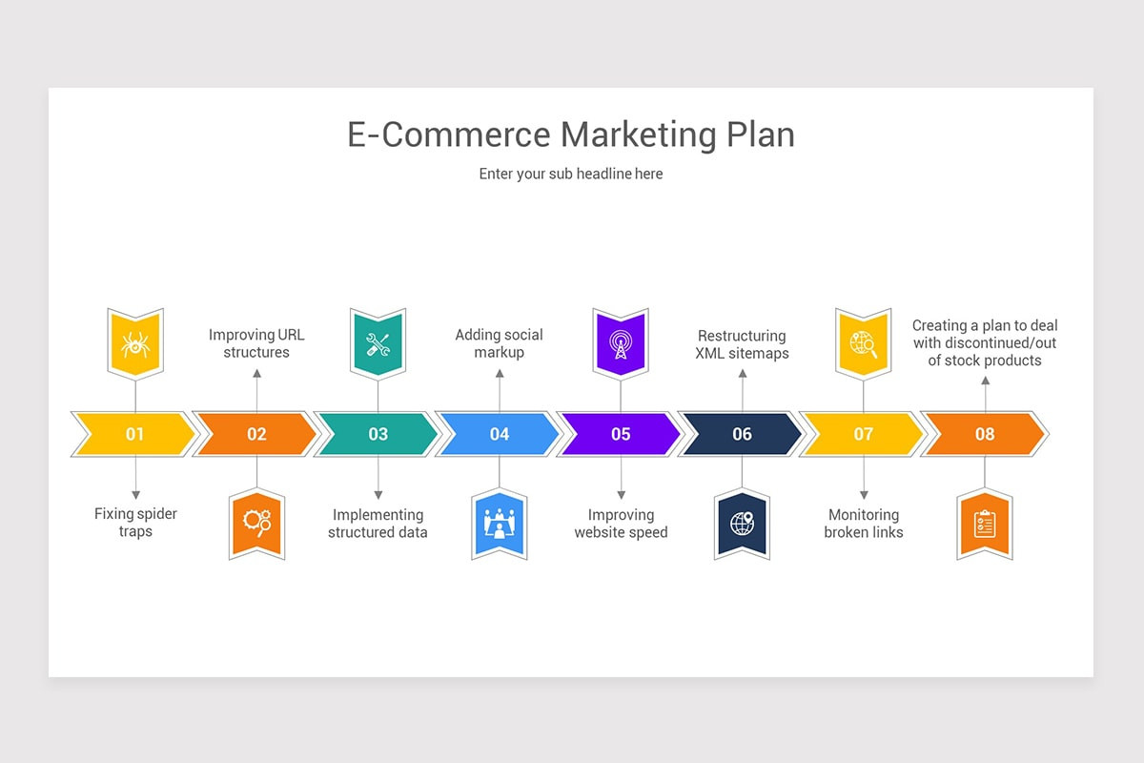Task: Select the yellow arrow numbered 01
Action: tap(134, 434)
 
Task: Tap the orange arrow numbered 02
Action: tap(256, 434)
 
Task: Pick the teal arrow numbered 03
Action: tap(378, 434)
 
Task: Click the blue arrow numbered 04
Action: tap(499, 434)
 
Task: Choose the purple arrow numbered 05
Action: tap(621, 434)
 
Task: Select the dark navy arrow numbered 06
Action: tap(742, 434)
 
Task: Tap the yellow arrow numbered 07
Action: tap(863, 434)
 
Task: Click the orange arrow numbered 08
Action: tap(984, 434)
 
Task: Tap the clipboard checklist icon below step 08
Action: tap(985, 524)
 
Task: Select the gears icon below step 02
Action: tap(256, 522)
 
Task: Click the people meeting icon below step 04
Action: tap(500, 524)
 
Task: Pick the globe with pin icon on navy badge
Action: tap(742, 523)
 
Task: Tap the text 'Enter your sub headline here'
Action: tap(571, 174)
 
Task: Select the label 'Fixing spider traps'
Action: tap(135, 523)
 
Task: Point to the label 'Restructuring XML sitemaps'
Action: tap(742, 344)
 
